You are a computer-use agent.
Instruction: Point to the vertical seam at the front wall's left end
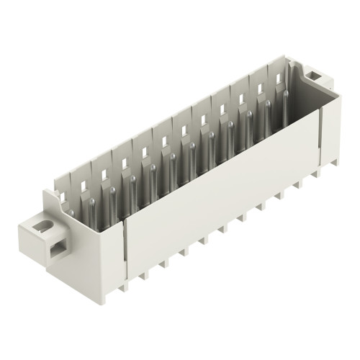pyautogui.click(x=127, y=248)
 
